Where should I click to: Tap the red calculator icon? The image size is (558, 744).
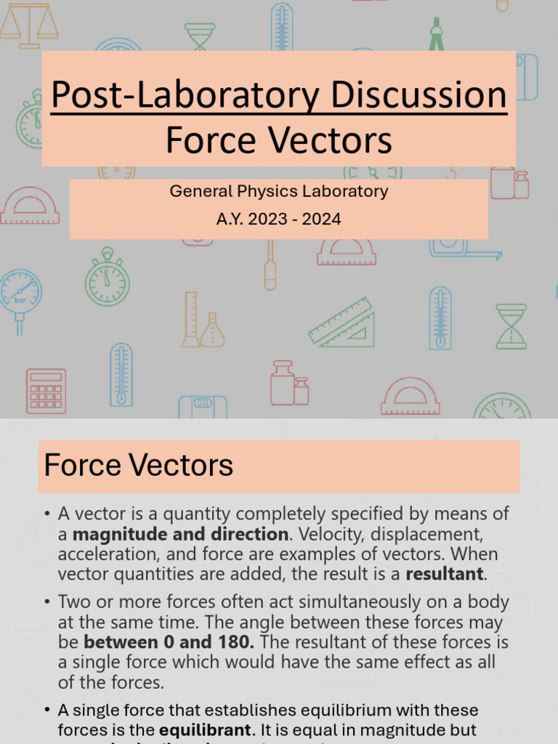click(46, 391)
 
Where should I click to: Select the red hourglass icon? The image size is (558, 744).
click(511, 326)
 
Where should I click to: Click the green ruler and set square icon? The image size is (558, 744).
click(342, 322)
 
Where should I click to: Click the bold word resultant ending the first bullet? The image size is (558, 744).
click(443, 574)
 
